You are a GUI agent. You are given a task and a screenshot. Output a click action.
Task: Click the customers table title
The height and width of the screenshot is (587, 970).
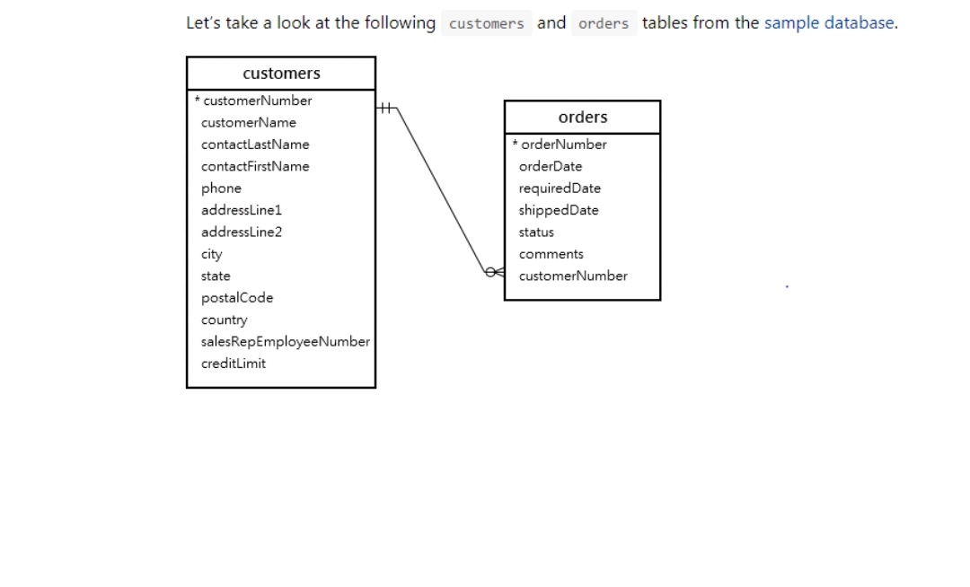[x=281, y=74]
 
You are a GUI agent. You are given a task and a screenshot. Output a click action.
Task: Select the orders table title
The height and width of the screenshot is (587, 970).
[x=583, y=118]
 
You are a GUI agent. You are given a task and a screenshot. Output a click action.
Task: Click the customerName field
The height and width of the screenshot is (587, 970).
[x=249, y=123]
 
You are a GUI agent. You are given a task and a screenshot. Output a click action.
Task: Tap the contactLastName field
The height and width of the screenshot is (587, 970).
[x=255, y=145]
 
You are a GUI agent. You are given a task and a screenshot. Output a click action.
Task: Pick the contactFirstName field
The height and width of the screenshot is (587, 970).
[x=255, y=166]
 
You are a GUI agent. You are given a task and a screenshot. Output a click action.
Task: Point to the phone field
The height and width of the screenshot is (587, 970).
[x=221, y=188]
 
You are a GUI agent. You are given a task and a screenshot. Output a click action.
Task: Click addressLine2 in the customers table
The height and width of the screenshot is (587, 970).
[x=242, y=232]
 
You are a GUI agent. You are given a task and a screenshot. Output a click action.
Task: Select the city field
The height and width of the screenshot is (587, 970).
[x=212, y=254]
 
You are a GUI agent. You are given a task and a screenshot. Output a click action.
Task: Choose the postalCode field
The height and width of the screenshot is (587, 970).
[x=237, y=298]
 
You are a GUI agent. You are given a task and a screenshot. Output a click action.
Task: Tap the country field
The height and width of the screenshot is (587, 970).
[x=225, y=320]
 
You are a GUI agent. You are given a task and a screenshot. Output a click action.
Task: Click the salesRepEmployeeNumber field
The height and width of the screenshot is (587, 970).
[x=286, y=342]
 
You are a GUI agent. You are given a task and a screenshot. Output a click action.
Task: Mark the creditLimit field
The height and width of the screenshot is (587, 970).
[x=234, y=364]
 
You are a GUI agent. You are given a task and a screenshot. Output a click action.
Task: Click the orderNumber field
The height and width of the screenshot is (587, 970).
[x=563, y=145]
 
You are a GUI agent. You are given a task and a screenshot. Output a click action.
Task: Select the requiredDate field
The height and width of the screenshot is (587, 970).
[x=560, y=188]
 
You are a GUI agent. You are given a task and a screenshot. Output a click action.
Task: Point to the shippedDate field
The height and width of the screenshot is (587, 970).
[x=559, y=210]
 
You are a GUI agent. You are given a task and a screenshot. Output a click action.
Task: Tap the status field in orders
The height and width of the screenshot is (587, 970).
[x=536, y=232]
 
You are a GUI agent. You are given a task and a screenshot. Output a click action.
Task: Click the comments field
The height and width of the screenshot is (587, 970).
[x=551, y=254]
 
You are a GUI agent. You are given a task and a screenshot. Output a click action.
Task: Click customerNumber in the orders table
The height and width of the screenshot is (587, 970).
[x=573, y=276]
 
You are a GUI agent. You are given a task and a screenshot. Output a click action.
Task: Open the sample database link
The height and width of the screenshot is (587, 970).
[x=829, y=23]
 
